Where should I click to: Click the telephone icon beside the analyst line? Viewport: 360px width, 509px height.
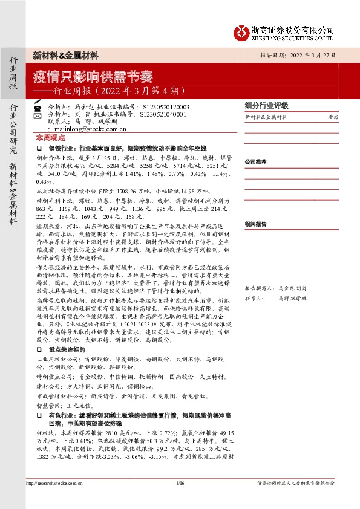pos(38,106)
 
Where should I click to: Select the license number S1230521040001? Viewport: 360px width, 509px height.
pos(163,114)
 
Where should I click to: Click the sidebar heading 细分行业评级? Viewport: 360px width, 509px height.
pos(266,105)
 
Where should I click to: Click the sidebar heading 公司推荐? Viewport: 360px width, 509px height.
pos(255,162)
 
